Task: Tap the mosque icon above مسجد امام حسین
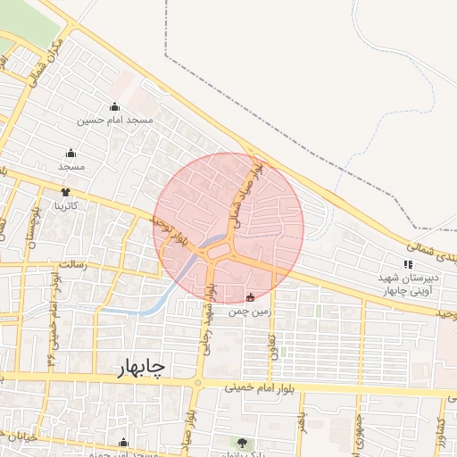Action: click(x=113, y=107)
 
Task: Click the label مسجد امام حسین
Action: click(x=114, y=120)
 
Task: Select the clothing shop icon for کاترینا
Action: click(x=65, y=191)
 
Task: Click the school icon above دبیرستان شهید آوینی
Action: click(x=408, y=264)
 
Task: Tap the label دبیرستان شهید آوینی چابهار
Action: click(x=408, y=284)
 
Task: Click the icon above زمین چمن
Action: click(x=250, y=297)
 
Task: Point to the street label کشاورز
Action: click(x=440, y=433)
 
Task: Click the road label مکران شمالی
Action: click(x=47, y=61)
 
